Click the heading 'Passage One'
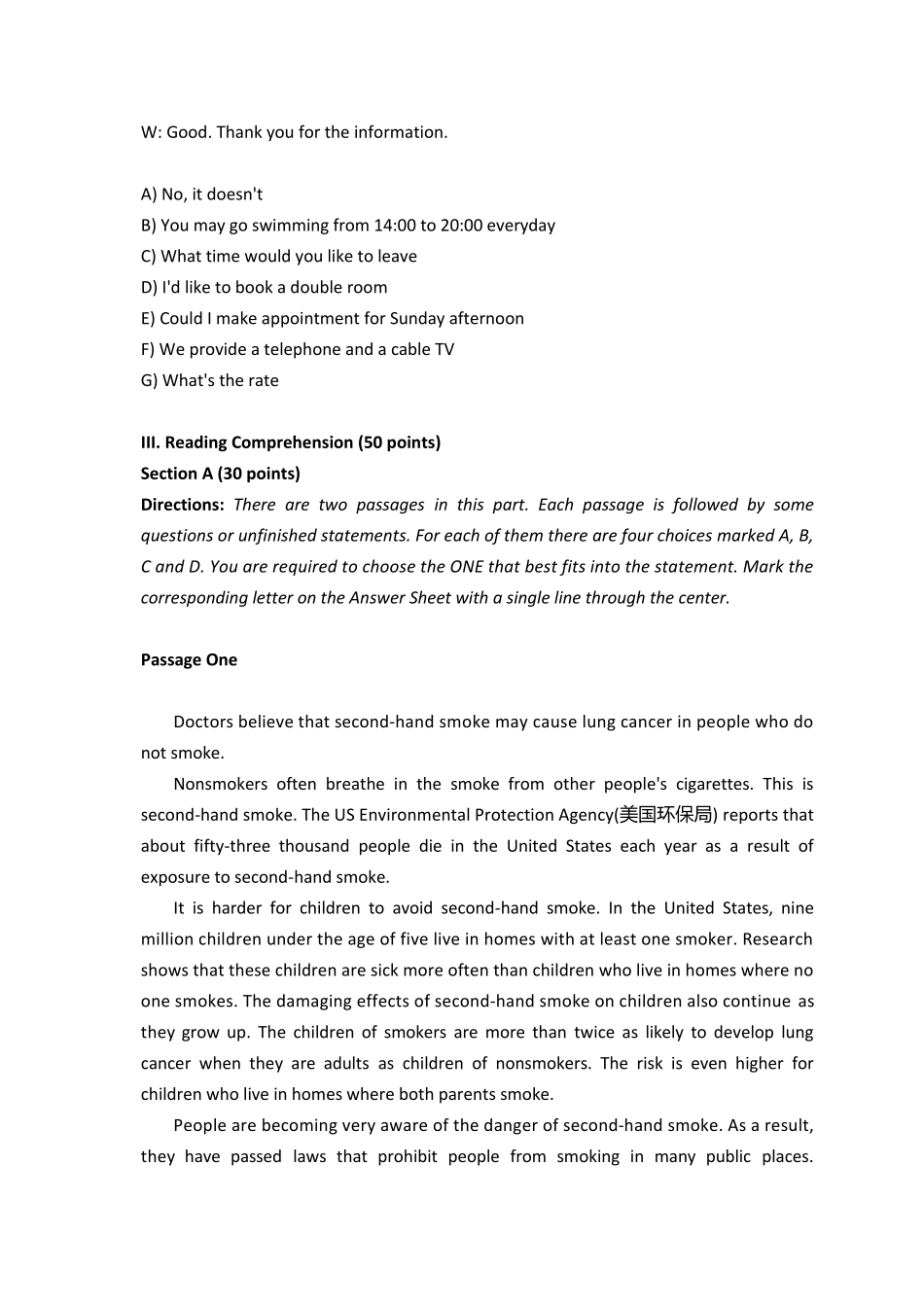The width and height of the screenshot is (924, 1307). point(189,660)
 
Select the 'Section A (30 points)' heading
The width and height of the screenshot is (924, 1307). point(220,474)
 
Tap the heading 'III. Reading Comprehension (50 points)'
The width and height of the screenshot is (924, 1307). point(290,442)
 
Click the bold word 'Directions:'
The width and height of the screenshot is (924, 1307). point(182,505)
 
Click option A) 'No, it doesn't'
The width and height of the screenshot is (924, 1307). point(201,194)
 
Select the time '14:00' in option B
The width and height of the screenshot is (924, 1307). point(394,226)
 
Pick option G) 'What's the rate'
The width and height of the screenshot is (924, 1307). point(209,380)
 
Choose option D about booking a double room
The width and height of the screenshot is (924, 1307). point(264,287)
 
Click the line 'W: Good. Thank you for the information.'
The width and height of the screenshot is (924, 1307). point(294,132)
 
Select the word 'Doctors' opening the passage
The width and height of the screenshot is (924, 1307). point(203,722)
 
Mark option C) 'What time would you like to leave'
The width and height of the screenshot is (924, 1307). point(278,257)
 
